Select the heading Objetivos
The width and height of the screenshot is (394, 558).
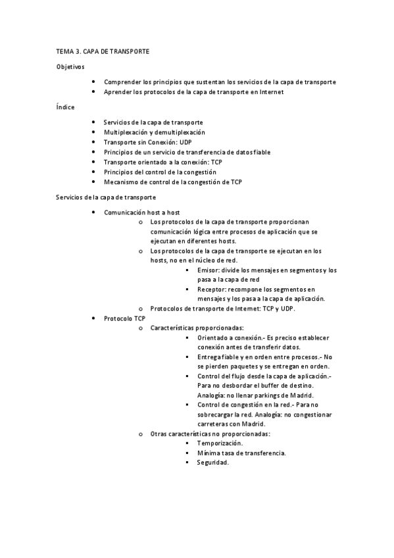click(x=70, y=66)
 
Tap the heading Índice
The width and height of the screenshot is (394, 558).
click(x=65, y=107)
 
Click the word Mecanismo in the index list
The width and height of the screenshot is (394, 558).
click(x=120, y=182)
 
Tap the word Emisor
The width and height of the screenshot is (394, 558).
click(x=208, y=270)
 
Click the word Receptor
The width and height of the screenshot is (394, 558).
click(x=212, y=290)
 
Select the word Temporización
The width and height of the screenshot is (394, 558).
click(x=220, y=444)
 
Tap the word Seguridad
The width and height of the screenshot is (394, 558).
click(x=212, y=463)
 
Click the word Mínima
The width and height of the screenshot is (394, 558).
click(x=209, y=453)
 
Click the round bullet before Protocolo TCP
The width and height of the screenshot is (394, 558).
click(x=94, y=318)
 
